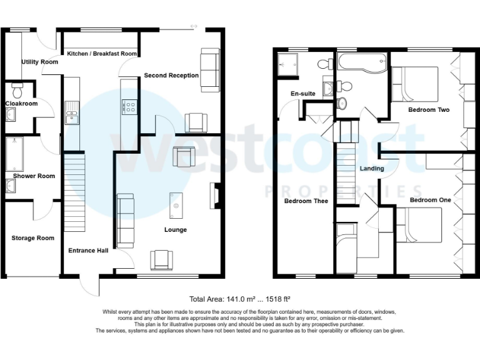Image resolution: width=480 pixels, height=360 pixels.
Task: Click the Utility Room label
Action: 39,62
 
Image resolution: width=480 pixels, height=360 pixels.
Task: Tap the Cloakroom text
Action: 21,104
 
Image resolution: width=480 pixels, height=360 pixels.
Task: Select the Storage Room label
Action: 32,238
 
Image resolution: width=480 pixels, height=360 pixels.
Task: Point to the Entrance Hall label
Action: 88,251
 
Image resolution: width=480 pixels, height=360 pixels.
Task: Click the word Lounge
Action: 176,230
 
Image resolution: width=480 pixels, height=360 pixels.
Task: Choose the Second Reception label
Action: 171,76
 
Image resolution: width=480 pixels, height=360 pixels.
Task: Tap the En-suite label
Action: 303,94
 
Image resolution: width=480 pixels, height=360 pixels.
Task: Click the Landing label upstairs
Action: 372,169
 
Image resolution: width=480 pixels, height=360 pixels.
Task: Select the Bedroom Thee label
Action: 306,201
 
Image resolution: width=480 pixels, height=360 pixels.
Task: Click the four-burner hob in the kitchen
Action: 131,107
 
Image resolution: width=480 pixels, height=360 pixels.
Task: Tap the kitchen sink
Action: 71,110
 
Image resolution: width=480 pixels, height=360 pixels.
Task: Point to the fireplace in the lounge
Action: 216,195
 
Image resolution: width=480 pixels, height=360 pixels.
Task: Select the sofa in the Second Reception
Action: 209,68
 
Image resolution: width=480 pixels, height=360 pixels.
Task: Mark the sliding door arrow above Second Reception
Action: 193,26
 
